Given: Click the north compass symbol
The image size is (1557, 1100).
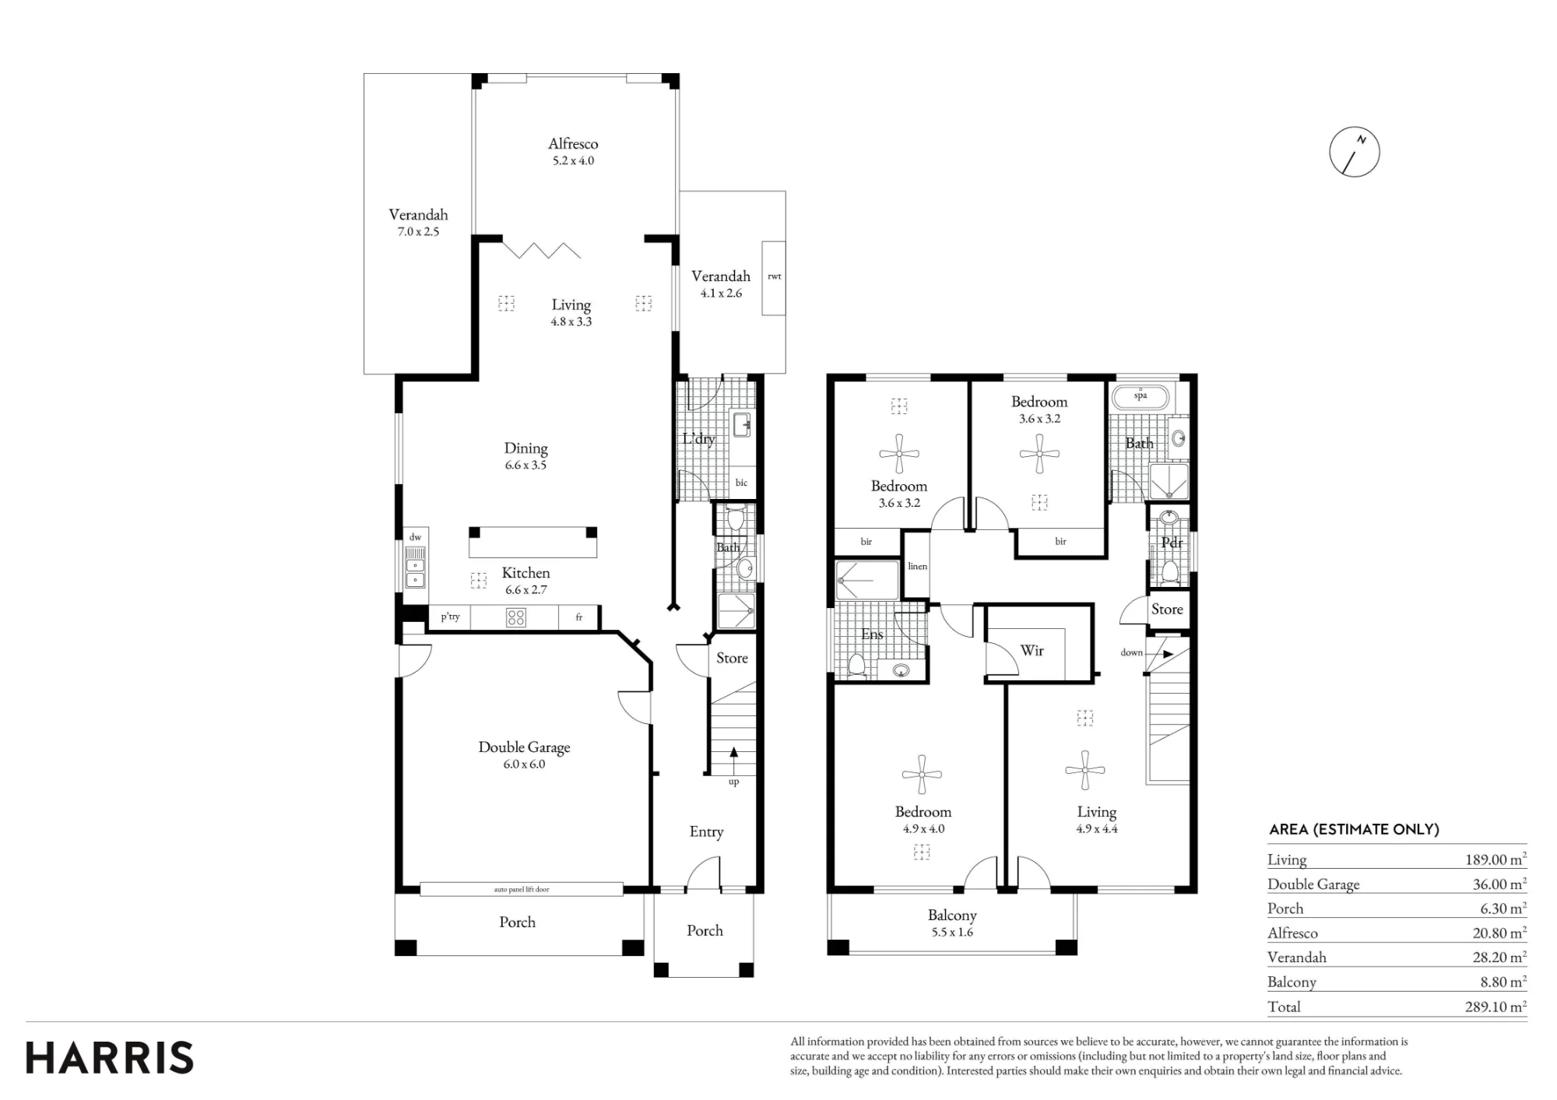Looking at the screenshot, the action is pos(1355,151).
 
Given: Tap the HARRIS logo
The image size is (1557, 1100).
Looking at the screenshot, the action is pos(110,1058).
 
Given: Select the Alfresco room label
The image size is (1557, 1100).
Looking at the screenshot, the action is pos(573,143).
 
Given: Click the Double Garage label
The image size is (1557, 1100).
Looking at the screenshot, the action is pos(524,747).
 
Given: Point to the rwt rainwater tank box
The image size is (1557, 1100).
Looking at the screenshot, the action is pos(774,278).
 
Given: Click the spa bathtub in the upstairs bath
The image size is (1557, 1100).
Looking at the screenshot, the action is pos(1141,397).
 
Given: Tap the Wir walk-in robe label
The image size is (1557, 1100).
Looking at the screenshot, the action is pos(1032,650).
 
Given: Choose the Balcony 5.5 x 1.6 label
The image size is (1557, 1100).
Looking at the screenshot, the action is pos(952,923).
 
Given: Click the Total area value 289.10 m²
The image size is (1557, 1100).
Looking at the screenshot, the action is pos(1495,1007).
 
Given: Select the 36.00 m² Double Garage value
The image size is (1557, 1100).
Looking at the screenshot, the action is pos(1498,884).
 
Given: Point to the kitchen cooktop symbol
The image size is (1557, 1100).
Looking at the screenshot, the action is pos(515,618).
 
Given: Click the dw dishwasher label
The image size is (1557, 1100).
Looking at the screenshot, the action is pos(415,537).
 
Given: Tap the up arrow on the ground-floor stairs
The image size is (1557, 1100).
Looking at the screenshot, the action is pos(733,760).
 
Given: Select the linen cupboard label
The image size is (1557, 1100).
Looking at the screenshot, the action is pos(917,566).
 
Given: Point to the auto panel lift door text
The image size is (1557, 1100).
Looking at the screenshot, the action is pos(522,889).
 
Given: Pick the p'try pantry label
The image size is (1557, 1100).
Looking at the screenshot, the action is pos(450,617).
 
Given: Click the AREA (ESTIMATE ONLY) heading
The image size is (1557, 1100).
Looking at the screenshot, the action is pos(1354,830).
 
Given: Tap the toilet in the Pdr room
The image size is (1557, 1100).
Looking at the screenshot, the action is pos(1169,573).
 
